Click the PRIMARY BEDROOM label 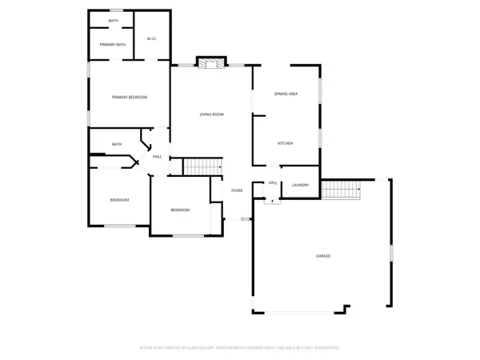[130, 97]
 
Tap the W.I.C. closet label [152, 38]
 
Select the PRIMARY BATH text [113, 45]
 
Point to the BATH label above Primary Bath [113, 19]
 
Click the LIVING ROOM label [212, 114]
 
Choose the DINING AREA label [286, 94]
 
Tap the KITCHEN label [286, 143]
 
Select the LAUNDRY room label [300, 185]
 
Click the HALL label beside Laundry [273, 183]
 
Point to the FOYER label [237, 190]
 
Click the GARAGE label [323, 256]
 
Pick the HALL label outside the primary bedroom [158, 156]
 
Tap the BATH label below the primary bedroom [117, 145]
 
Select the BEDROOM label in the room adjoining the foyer [180, 210]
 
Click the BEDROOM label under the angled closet [119, 200]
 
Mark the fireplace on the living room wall [212, 63]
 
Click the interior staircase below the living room [202, 167]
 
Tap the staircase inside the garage [341, 190]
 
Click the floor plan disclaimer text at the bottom [240, 347]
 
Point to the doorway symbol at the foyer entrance [246, 218]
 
